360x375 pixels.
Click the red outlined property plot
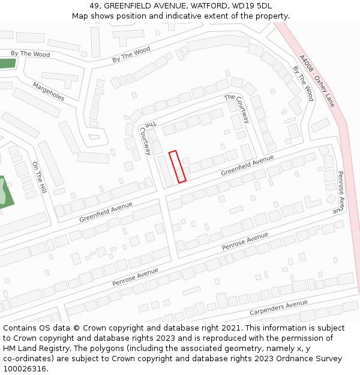[177, 166]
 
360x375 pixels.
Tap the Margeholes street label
[49, 91]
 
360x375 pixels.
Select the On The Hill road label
[39, 177]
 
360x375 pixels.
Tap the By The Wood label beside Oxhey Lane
[303, 83]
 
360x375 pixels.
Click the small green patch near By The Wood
[7, 64]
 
